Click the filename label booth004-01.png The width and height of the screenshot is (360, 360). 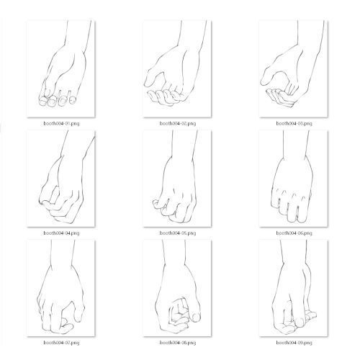point(61,124)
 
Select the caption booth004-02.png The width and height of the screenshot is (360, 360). point(178,124)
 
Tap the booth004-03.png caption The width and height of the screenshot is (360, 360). point(294,124)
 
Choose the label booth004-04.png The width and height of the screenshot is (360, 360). point(61,233)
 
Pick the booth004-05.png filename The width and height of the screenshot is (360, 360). point(178,233)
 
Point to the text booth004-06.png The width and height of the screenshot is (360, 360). point(294,233)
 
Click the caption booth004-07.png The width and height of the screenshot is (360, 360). point(61,343)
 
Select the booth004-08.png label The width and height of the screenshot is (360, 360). point(178,343)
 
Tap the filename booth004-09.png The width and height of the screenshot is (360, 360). point(294,343)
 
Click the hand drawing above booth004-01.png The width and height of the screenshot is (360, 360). point(61,69)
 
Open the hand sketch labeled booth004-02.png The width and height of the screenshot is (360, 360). point(177,69)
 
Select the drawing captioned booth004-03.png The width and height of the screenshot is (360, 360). point(293,69)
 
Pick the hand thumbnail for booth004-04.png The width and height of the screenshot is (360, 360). point(61,179)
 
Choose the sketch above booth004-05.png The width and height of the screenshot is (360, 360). point(177,179)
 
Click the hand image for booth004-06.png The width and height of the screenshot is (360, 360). point(293,179)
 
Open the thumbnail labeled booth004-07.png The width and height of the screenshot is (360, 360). point(61,288)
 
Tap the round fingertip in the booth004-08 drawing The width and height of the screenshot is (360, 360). point(196,318)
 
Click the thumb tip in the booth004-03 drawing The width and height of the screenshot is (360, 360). point(264,81)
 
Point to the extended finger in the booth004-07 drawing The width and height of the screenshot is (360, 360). point(78,312)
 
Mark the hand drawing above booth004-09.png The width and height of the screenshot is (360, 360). point(293,288)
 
